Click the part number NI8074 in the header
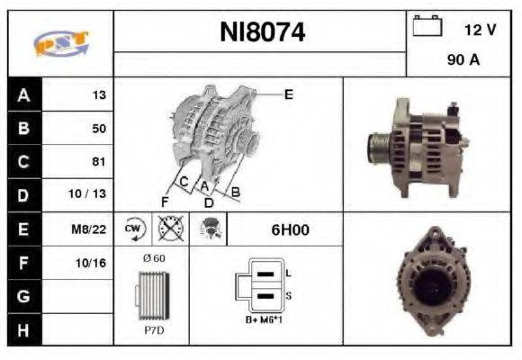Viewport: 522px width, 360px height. tap(263, 32)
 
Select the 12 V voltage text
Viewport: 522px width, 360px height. tap(480, 30)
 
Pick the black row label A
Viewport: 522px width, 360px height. tap(22, 94)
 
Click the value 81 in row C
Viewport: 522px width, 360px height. tap(98, 162)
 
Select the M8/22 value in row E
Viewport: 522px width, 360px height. tap(90, 229)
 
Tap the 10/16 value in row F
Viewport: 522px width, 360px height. tap(92, 263)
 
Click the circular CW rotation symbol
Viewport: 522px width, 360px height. tap(132, 229)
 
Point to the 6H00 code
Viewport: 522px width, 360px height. tap(290, 229)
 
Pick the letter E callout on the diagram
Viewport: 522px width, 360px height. tap(288, 93)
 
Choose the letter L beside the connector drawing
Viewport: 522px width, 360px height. tap(288, 272)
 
